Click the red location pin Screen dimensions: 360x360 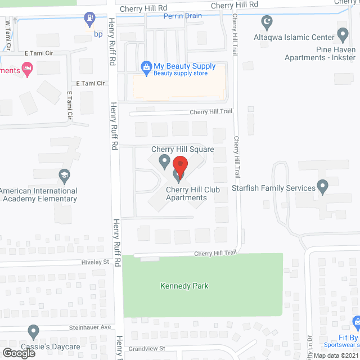(179, 166)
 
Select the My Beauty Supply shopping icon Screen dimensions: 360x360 (146, 66)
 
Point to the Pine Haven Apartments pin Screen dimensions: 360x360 (343, 35)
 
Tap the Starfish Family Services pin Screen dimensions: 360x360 (322, 186)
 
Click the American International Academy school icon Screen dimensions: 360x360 (64, 177)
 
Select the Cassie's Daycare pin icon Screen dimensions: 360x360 (34, 332)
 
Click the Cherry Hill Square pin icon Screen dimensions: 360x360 (164, 163)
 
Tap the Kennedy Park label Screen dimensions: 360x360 (184, 286)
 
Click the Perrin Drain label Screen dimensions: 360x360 (183, 16)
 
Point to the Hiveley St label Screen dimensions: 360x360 (94, 262)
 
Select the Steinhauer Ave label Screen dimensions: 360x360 (91, 327)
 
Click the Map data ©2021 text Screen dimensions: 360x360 (335, 355)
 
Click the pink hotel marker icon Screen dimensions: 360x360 (26, 69)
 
